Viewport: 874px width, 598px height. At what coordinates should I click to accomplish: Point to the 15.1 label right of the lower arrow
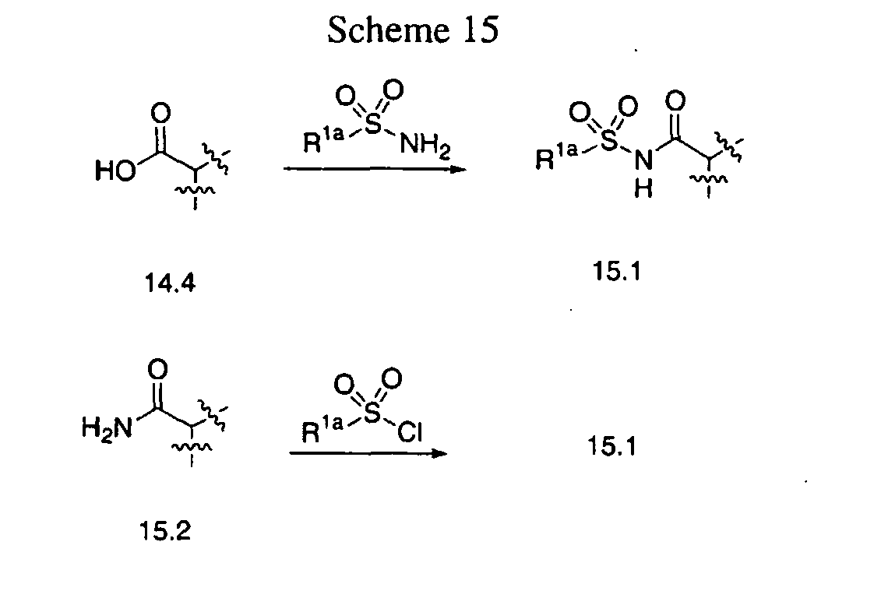coord(612,447)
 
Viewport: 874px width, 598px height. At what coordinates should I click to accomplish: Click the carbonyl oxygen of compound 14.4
coord(160,114)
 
